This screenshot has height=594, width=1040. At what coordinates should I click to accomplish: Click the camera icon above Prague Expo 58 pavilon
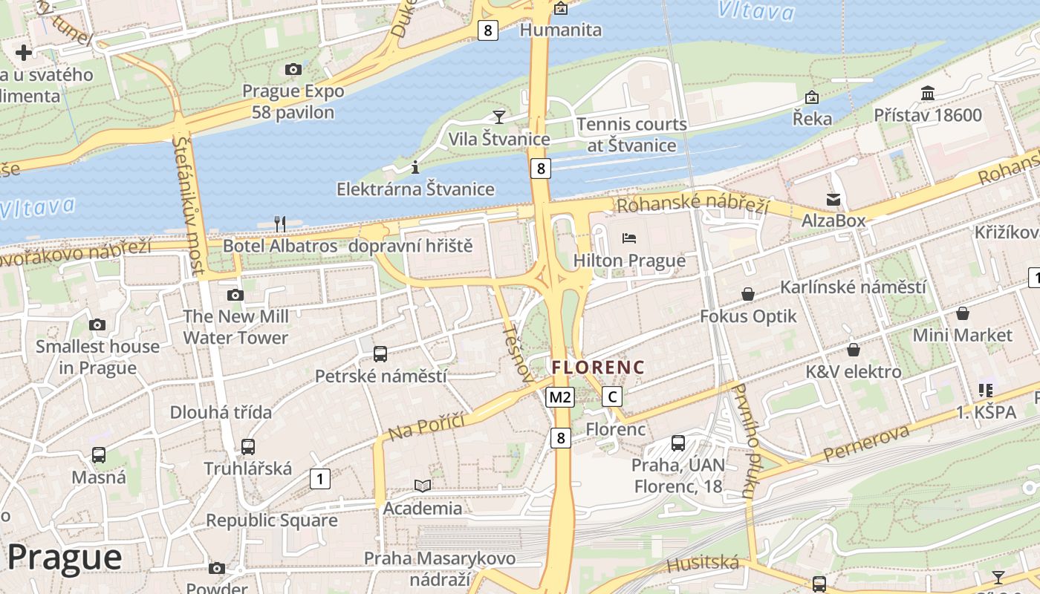pyautogui.click(x=293, y=70)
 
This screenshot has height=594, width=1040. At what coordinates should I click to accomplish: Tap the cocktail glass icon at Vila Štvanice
pyautogui.click(x=499, y=117)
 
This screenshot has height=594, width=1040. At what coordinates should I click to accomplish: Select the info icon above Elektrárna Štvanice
pyautogui.click(x=415, y=167)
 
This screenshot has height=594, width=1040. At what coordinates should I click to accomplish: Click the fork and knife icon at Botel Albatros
pyautogui.click(x=280, y=223)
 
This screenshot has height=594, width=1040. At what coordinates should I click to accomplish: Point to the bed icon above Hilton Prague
pyautogui.click(x=629, y=238)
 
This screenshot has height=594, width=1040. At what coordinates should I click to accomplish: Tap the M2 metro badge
pyautogui.click(x=560, y=397)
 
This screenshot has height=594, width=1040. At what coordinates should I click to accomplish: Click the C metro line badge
pyautogui.click(x=612, y=397)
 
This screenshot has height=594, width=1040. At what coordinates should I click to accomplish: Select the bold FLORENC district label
pyautogui.click(x=598, y=368)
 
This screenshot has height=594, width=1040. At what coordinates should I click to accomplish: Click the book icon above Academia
pyautogui.click(x=423, y=486)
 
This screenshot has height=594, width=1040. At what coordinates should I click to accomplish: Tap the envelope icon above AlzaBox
pyautogui.click(x=833, y=199)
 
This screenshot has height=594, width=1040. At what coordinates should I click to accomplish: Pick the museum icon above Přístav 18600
pyautogui.click(x=928, y=94)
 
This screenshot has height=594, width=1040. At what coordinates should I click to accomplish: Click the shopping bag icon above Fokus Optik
pyautogui.click(x=748, y=295)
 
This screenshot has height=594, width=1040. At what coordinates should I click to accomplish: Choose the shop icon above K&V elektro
pyautogui.click(x=854, y=349)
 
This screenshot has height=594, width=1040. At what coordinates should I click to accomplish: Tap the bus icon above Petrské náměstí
pyautogui.click(x=380, y=354)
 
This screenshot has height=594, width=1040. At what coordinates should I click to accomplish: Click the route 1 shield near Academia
pyautogui.click(x=319, y=479)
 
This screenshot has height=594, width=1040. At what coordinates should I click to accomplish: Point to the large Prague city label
pyautogui.click(x=65, y=558)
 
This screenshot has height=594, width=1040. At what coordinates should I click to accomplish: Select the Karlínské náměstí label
pyautogui.click(x=853, y=287)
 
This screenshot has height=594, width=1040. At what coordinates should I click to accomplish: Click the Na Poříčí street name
pyautogui.click(x=426, y=426)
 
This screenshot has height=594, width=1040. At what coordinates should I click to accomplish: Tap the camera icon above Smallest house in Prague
pyautogui.click(x=97, y=324)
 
